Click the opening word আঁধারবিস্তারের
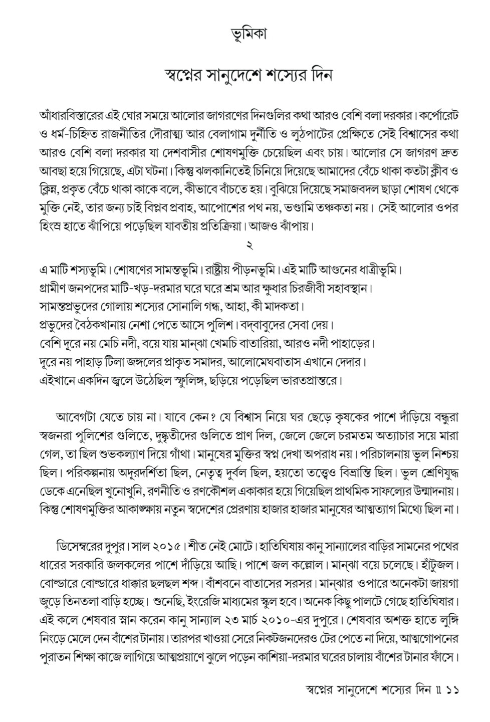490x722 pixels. click(71, 115)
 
